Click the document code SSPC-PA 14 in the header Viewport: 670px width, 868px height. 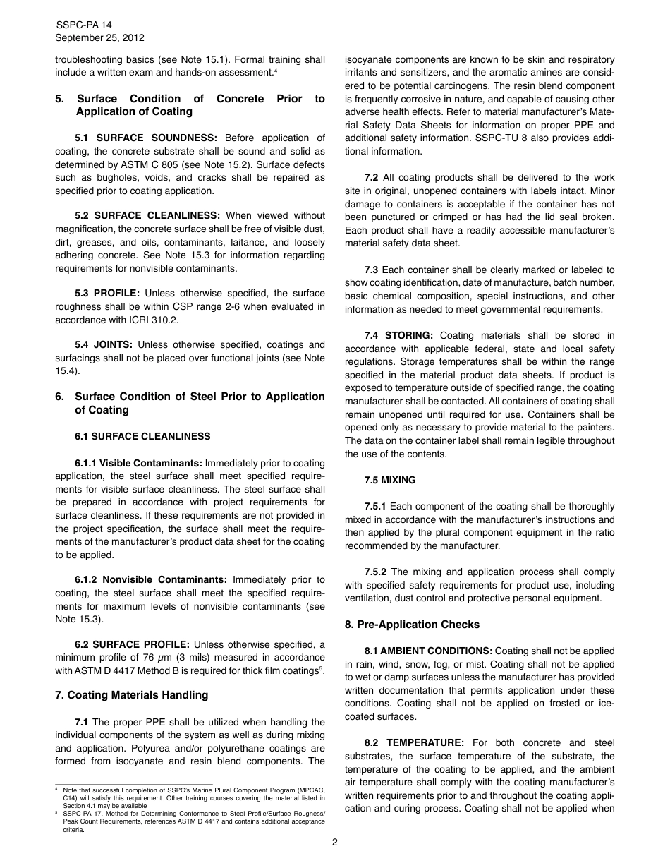tap(83, 25)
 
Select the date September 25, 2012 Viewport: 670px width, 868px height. tap(99, 38)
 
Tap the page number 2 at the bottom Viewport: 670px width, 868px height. tap(335, 842)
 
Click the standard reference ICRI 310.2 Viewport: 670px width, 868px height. tap(153, 320)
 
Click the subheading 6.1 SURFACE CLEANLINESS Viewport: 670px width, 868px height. tap(142, 437)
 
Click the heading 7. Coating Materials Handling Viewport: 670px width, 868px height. tap(131, 695)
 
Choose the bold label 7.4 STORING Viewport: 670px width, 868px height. tap(398, 336)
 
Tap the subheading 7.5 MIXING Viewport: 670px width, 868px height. tap(390, 481)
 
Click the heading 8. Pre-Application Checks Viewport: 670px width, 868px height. tap(412, 625)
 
